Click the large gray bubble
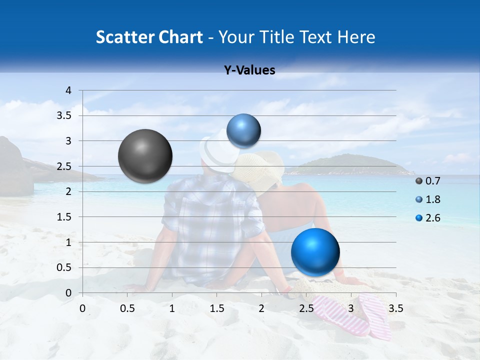click(145, 156)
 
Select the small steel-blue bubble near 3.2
click(243, 130)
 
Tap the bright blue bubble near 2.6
click(315, 252)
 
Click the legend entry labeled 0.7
click(428, 181)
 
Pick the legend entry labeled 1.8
click(428, 199)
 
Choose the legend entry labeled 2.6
click(428, 218)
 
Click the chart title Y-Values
click(249, 70)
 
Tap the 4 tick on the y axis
click(69, 90)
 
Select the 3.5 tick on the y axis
click(65, 115)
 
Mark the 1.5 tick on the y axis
click(65, 217)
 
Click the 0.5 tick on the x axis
click(127, 308)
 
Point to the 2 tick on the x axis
click(261, 308)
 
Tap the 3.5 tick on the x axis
click(395, 308)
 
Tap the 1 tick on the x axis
click(172, 308)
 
